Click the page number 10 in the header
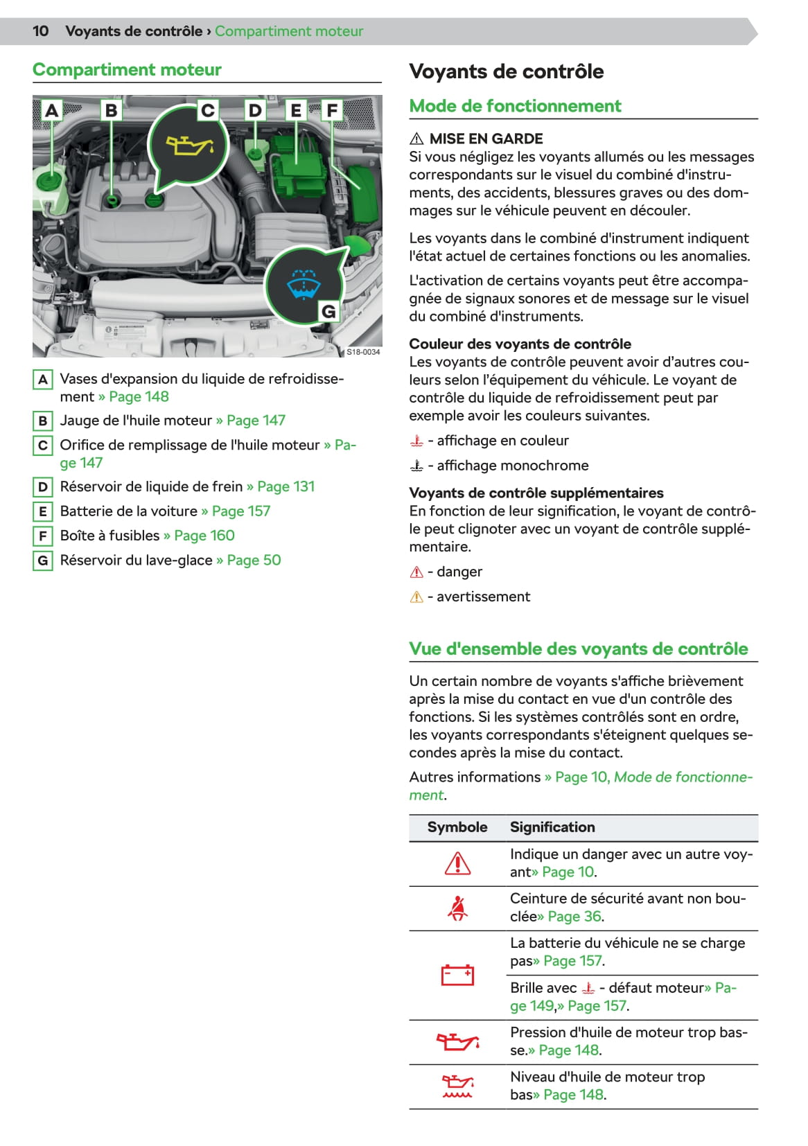pyautogui.click(x=41, y=31)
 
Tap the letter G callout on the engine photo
pyautogui.click(x=328, y=312)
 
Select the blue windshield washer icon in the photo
pyautogui.click(x=304, y=285)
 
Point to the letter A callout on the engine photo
pyautogui.click(x=51, y=110)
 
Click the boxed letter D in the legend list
pyautogui.click(x=43, y=487)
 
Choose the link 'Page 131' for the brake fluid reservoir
pyautogui.click(x=286, y=486)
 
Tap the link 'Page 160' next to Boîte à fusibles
pyautogui.click(x=204, y=536)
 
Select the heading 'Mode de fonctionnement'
pyautogui.click(x=515, y=106)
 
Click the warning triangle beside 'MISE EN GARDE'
pyautogui.click(x=416, y=139)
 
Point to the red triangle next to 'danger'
pyautogui.click(x=416, y=572)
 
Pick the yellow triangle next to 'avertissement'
pyautogui.click(x=416, y=597)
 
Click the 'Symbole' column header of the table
pyautogui.click(x=457, y=827)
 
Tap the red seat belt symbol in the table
pyautogui.click(x=457, y=908)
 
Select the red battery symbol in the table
pyautogui.click(x=457, y=975)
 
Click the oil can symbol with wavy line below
pyautogui.click(x=457, y=1086)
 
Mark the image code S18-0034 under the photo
pyautogui.click(x=363, y=352)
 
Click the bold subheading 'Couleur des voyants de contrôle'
pyautogui.click(x=520, y=344)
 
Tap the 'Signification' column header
pyautogui.click(x=552, y=827)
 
